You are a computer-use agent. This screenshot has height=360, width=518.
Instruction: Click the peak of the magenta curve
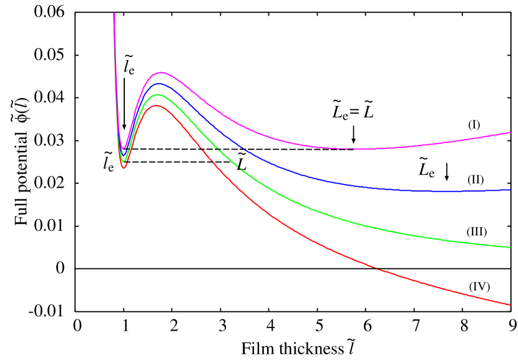(161, 73)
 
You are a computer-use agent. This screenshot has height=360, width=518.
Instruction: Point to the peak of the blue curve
(159, 84)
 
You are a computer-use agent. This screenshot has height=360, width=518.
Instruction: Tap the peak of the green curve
(158, 95)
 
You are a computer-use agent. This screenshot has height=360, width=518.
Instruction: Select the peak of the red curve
(157, 105)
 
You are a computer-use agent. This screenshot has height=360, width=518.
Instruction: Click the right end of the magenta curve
(511, 132)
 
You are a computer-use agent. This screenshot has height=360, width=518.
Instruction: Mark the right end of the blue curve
(511, 190)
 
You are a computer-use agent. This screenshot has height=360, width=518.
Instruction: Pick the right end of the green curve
(511, 247)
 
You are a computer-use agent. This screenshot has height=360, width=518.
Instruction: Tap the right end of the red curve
(511, 304)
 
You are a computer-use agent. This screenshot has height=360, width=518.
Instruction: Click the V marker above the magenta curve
(353, 142)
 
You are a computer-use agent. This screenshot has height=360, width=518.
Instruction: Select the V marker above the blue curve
(446, 178)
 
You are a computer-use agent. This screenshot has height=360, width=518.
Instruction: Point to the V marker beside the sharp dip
(124, 127)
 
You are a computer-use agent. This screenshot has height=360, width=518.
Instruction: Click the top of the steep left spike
(114, 13)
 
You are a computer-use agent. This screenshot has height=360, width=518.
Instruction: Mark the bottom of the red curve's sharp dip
(124, 168)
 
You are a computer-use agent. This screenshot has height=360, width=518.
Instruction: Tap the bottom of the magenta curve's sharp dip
(124, 148)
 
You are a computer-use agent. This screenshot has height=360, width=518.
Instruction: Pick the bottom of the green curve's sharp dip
(124, 162)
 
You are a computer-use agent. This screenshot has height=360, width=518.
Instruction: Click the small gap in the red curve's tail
(376, 269)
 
